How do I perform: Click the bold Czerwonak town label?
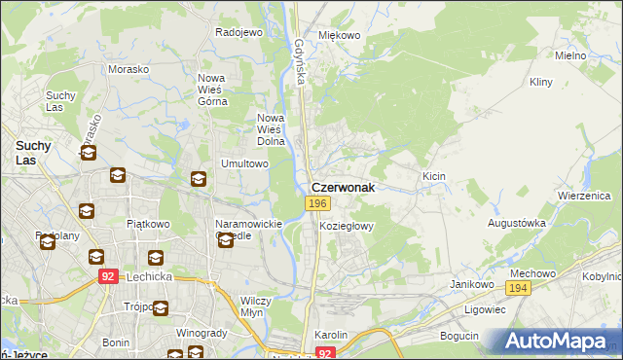tap(343, 185)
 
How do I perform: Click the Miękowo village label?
tap(340, 35)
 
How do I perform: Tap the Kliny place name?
tap(541, 84)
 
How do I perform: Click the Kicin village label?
tap(434, 176)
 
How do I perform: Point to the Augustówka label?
tap(516, 223)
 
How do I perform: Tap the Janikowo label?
tap(468, 283)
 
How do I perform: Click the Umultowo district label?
tap(245, 163)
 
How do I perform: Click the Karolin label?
tap(332, 335)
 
